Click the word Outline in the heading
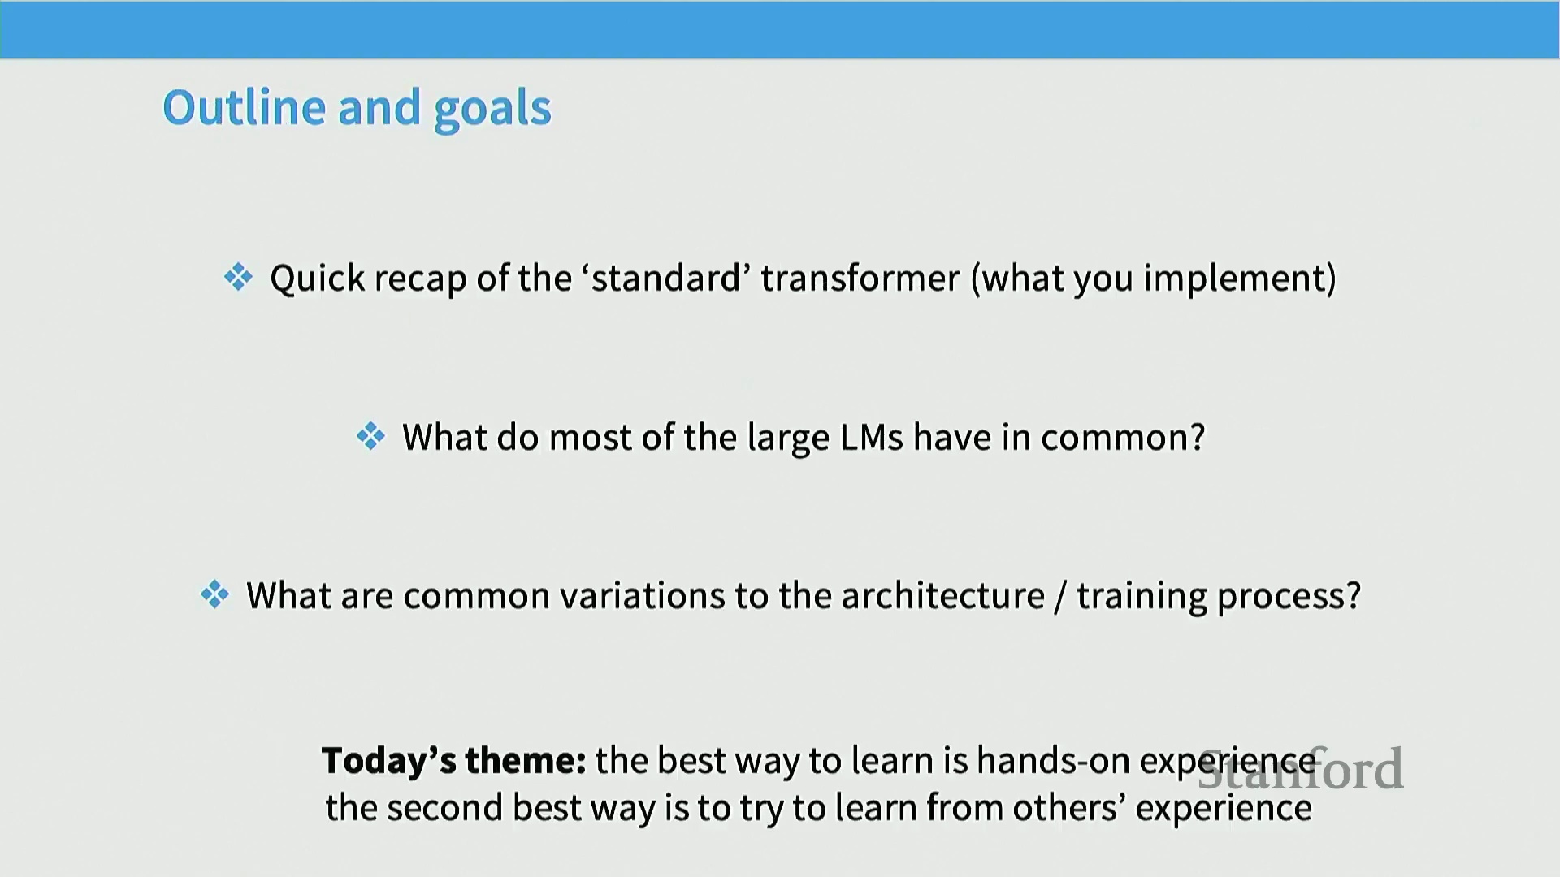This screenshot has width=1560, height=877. coord(245,107)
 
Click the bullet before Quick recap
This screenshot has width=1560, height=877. coord(238,277)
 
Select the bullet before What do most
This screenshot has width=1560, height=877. coord(370,436)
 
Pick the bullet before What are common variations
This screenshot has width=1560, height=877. coord(214,594)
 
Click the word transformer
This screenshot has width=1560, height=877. coord(860,279)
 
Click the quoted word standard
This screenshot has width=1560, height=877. coord(666,278)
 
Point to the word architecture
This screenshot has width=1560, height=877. coord(942,596)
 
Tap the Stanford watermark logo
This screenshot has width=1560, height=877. coord(1301,769)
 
